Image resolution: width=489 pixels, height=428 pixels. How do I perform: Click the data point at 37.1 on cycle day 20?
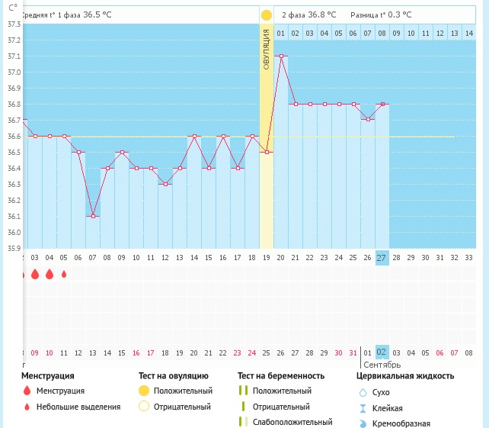coord(281,56)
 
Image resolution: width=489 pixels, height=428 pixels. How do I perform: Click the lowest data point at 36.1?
coord(92,216)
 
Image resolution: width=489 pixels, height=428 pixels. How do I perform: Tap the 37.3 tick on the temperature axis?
coord(14,24)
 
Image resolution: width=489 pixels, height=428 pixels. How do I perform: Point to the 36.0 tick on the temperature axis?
coord(14,232)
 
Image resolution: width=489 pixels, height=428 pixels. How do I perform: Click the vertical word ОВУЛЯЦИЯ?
coord(267,49)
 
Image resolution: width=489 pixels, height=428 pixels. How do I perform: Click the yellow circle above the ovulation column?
coord(266,15)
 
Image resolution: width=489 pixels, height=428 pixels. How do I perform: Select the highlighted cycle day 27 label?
coord(382,258)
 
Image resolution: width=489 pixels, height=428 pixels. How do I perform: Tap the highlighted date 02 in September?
coord(382,352)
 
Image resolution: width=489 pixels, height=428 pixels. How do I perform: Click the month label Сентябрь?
coord(382,365)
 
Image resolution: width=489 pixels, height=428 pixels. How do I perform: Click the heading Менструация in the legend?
coord(47,376)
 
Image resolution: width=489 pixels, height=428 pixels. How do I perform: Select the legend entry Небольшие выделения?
coord(78,407)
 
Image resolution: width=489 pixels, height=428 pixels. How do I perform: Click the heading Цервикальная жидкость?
coord(405,376)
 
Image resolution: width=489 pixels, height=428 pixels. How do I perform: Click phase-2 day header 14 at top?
coord(454,33)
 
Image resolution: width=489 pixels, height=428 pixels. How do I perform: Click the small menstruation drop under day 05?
coord(64,274)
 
